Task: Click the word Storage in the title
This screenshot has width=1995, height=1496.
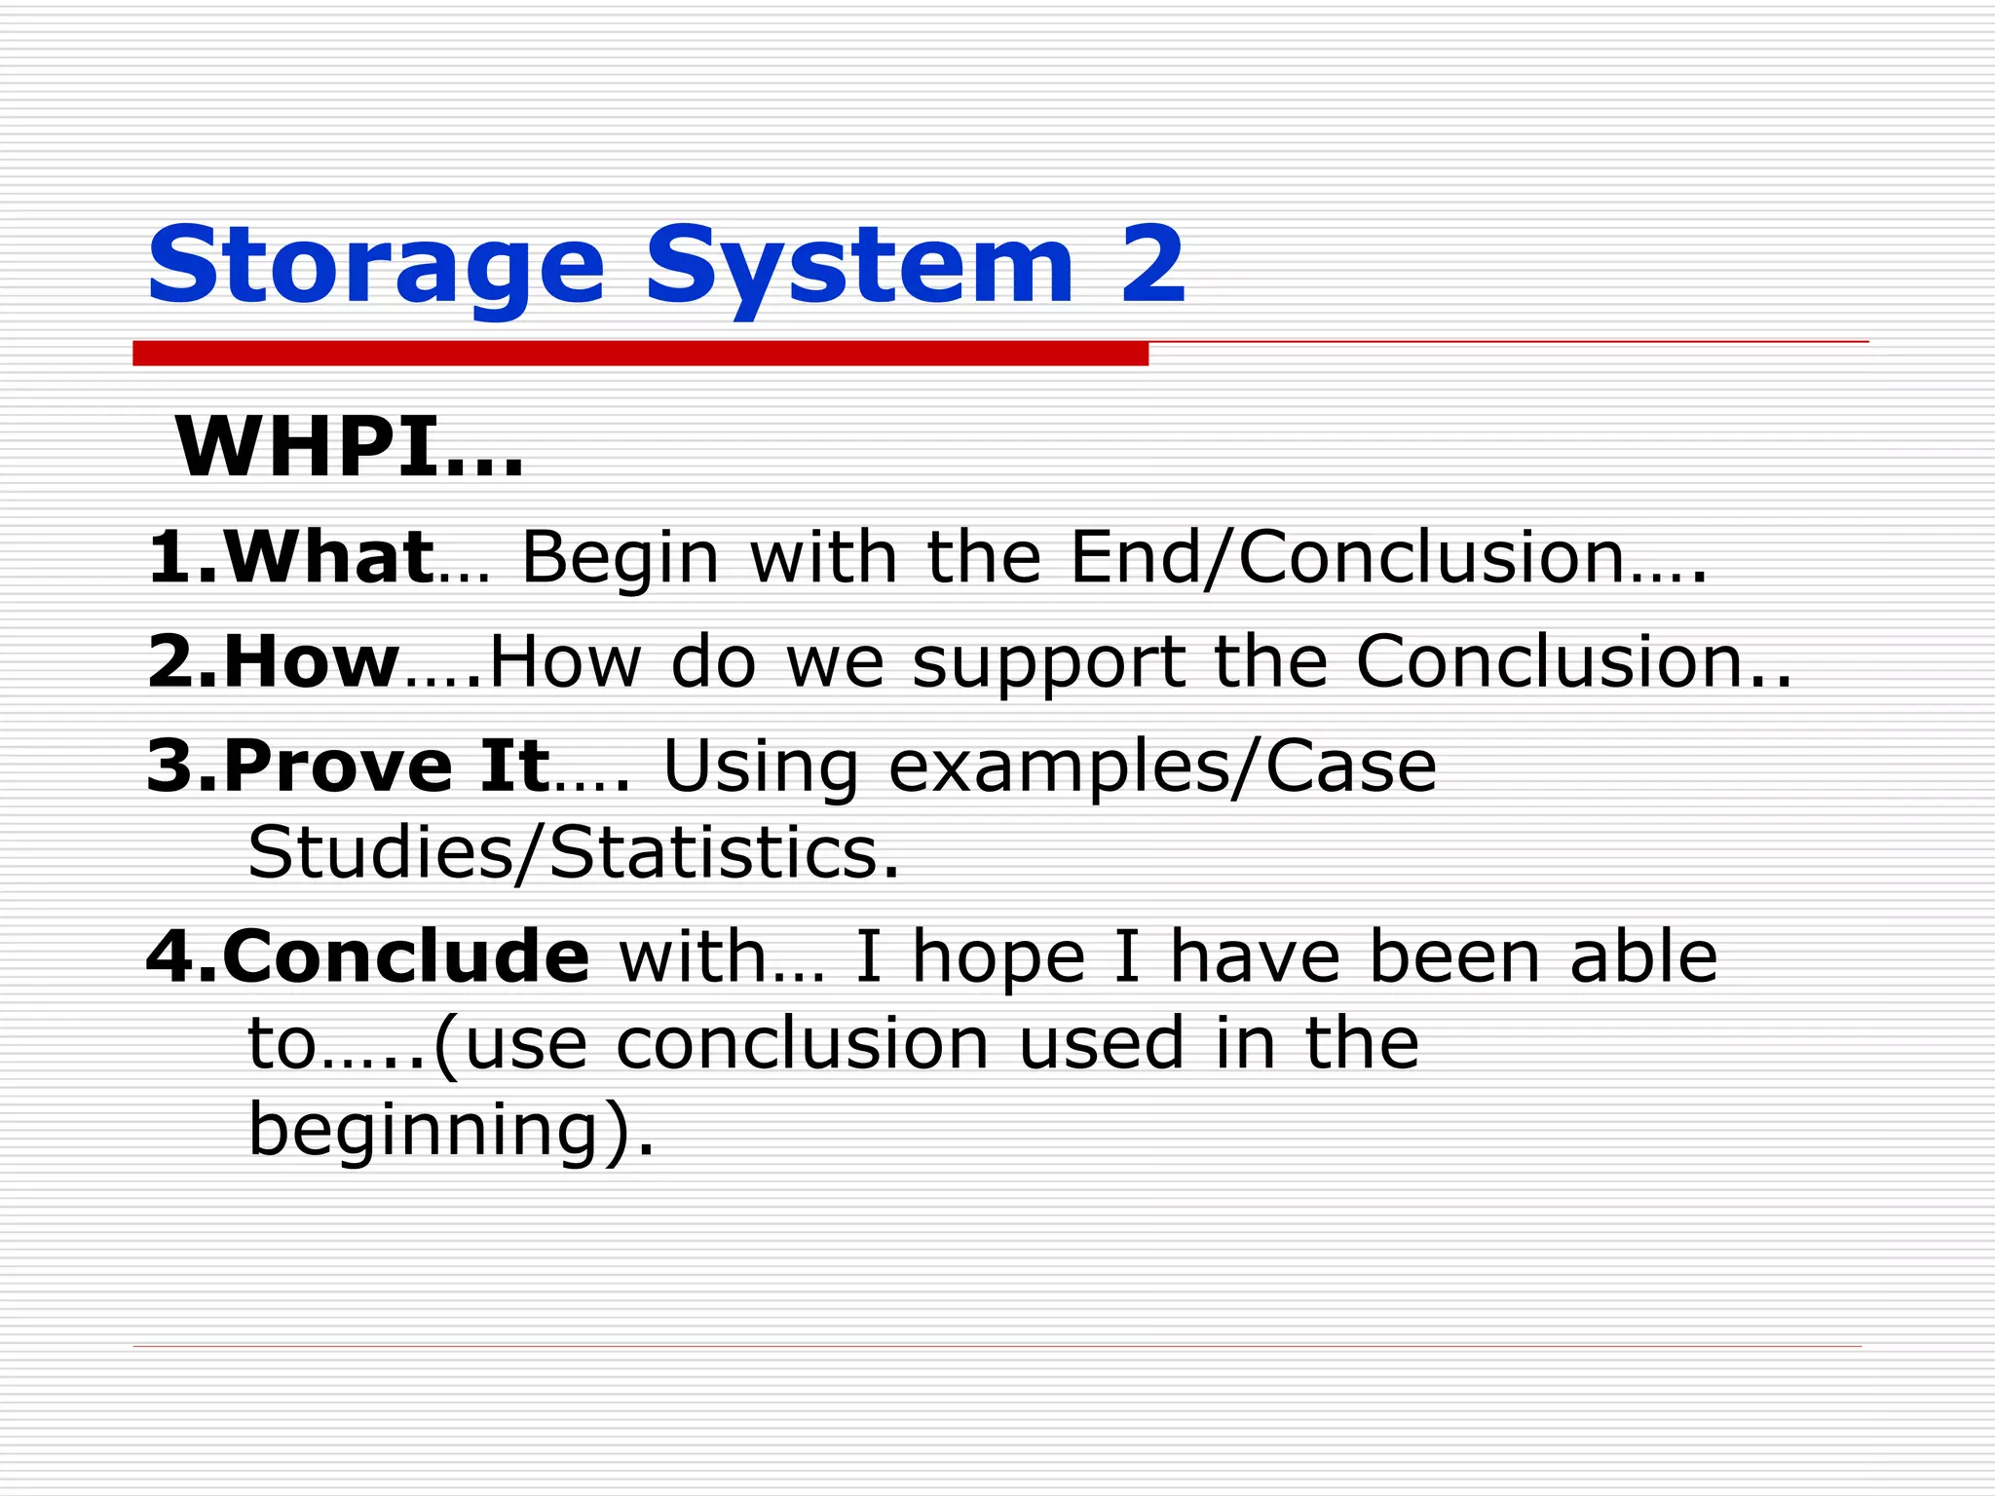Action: (375, 266)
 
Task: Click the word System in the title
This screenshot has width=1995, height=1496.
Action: (858, 266)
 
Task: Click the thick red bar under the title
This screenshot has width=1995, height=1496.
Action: (640, 354)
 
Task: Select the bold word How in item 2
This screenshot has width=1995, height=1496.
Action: (311, 661)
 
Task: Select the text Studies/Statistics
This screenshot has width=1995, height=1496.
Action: (573, 852)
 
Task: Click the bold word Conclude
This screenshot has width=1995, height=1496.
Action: (405, 956)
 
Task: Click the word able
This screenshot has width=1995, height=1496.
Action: (1643, 956)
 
